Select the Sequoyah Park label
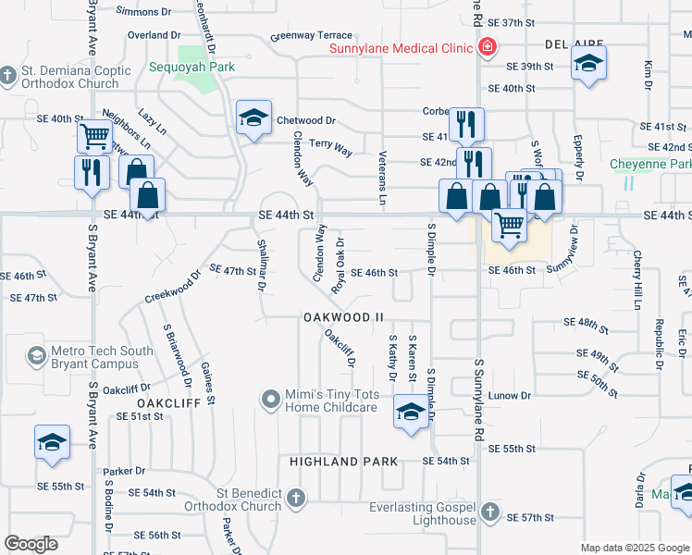192,67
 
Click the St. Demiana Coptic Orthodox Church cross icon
8,75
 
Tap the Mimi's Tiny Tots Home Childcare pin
270,400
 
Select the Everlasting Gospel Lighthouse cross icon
490,512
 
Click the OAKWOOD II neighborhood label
342,317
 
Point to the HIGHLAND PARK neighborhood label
343,461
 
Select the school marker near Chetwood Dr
253,117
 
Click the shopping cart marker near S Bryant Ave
94,137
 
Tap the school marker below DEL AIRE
588,64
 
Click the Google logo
31,544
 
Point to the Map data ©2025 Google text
634,548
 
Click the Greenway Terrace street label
311,37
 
